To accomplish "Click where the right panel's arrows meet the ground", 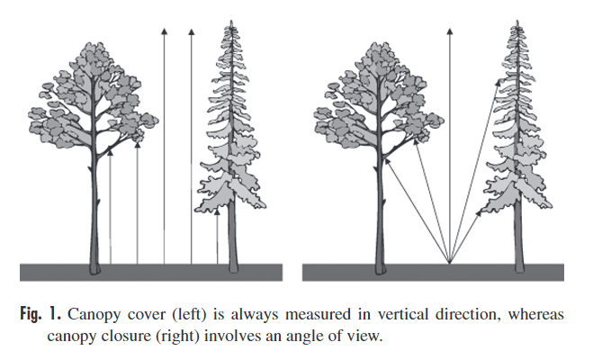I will pos(448,263).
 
